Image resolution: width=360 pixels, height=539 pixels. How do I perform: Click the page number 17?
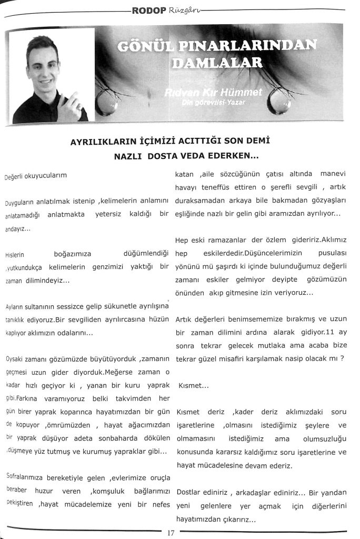171,532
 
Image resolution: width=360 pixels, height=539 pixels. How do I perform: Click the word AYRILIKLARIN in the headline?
103,142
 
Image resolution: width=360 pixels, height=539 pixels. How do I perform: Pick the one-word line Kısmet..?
189,386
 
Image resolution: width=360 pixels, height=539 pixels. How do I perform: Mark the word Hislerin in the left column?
14,255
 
